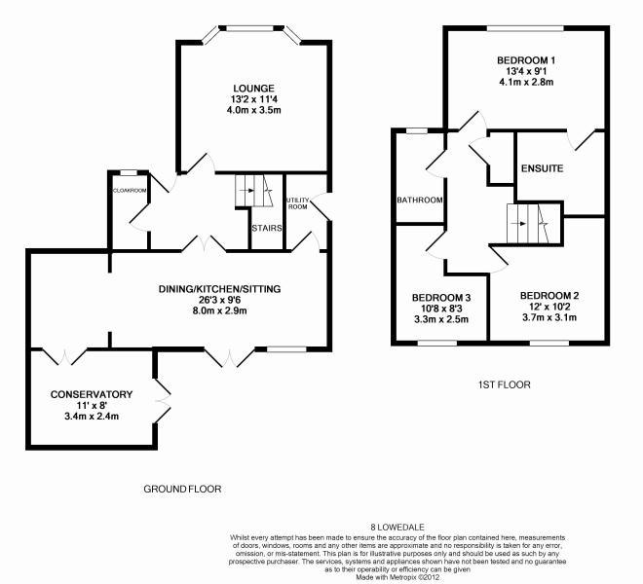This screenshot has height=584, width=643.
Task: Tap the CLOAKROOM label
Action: tap(130, 190)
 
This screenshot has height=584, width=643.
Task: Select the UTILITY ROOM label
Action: tap(298, 203)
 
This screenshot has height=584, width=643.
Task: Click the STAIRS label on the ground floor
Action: tap(267, 229)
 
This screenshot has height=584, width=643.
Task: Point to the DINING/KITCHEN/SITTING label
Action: tap(220, 289)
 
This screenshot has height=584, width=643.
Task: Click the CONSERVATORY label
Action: tap(92, 394)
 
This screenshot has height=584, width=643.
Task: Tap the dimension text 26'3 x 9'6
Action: tap(220, 300)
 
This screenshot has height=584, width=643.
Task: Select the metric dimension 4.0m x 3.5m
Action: tap(253, 110)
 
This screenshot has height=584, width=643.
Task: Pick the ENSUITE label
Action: tap(542, 168)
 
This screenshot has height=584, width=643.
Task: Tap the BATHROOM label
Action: tap(420, 200)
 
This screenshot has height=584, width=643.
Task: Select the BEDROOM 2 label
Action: tap(549, 296)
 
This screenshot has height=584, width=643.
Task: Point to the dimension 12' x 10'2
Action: tap(549, 307)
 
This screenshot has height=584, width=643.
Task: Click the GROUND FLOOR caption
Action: tap(182, 489)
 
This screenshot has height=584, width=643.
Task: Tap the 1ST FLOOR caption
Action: tap(505, 384)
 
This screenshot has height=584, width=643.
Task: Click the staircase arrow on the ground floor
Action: tap(248, 190)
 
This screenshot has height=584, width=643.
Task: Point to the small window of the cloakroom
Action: tap(129, 173)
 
